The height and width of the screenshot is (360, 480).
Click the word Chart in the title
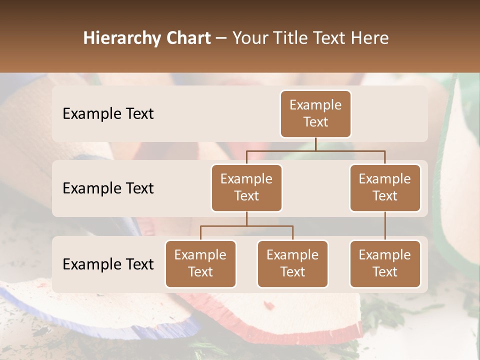point(190,38)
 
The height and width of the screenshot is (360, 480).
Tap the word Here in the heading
point(369,38)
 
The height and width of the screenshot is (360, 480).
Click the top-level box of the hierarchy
point(315,114)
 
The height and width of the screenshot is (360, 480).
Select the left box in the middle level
point(246,188)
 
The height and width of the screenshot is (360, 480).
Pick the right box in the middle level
point(385,188)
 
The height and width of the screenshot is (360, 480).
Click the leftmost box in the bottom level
point(200,264)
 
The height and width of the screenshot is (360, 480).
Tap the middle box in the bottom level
point(292,264)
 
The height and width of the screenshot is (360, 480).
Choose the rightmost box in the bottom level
point(385,264)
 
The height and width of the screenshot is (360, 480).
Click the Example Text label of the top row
point(108,114)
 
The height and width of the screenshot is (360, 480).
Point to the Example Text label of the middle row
point(108,188)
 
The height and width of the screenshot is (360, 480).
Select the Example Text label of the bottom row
point(108,264)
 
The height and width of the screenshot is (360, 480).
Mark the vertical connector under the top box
point(315,144)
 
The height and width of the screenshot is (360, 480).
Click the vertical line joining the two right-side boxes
point(385,226)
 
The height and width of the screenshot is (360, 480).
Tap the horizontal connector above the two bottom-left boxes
point(246,226)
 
